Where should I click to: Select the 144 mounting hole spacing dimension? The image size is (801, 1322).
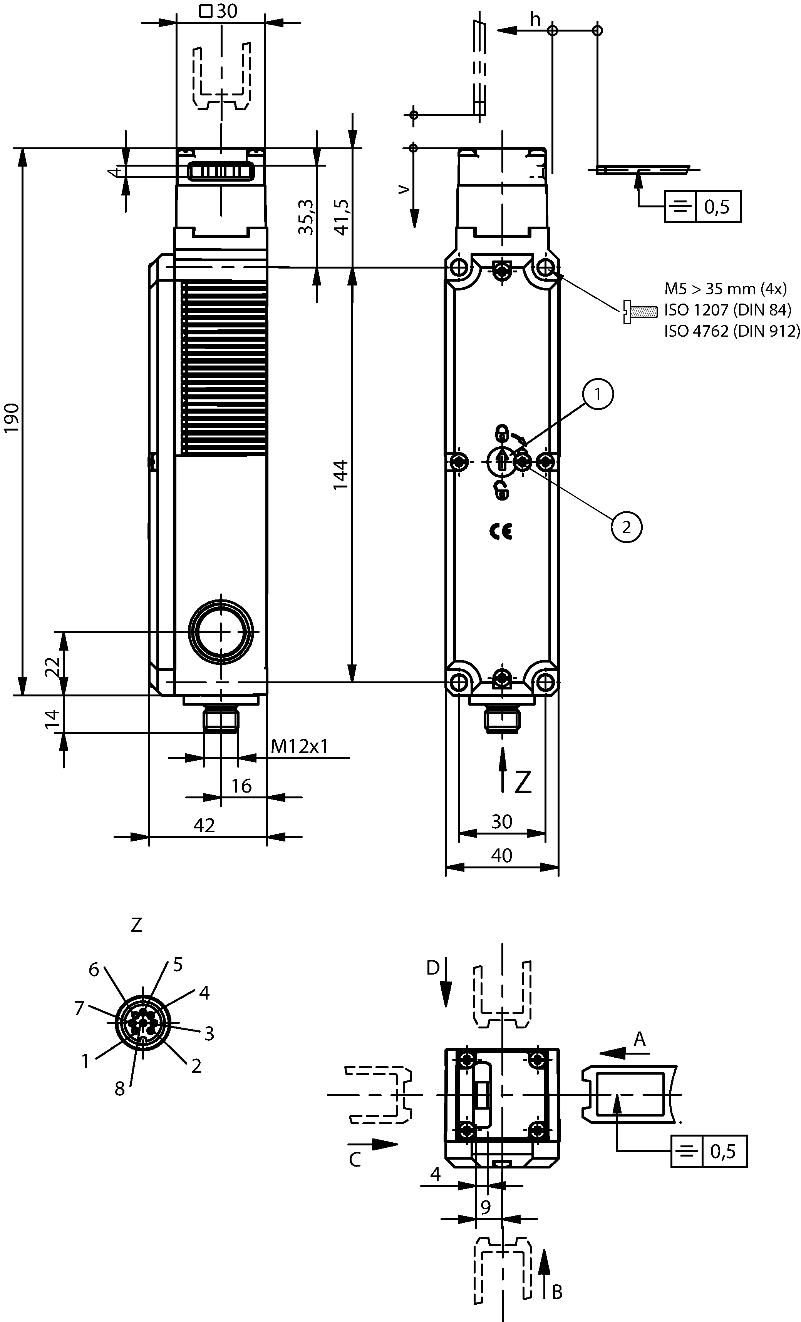point(340,474)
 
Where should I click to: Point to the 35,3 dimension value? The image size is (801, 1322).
point(306,217)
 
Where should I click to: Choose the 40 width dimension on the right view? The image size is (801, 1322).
point(501,856)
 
